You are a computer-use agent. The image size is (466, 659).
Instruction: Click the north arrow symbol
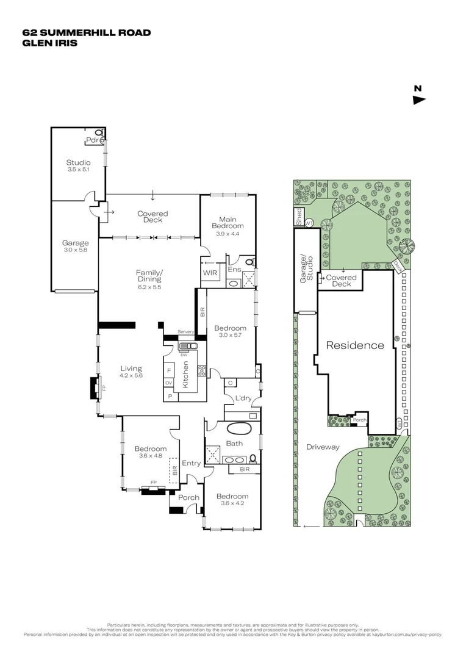point(418,100)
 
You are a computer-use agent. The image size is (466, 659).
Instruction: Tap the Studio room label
point(78,162)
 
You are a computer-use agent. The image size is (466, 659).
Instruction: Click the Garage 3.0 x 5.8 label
point(75,246)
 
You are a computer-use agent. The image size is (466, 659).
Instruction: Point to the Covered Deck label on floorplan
point(152,217)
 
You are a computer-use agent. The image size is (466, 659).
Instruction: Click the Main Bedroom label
point(227,222)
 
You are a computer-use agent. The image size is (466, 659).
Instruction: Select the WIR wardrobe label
point(210,273)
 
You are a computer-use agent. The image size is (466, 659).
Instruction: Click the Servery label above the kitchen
point(185,331)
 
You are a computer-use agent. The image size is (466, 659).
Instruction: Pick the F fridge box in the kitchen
point(169,370)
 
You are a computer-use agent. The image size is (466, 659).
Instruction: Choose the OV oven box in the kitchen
point(169,383)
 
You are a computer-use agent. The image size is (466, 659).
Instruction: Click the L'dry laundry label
point(243,398)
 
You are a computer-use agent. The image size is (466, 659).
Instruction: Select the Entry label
point(191,463)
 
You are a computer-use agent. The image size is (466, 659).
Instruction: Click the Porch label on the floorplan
point(188,497)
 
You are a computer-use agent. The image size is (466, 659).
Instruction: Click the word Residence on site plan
point(355,345)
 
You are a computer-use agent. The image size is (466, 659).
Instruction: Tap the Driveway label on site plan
point(323,447)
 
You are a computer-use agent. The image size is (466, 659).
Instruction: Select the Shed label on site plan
point(299,217)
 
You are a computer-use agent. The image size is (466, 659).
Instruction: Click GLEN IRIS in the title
point(50,43)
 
